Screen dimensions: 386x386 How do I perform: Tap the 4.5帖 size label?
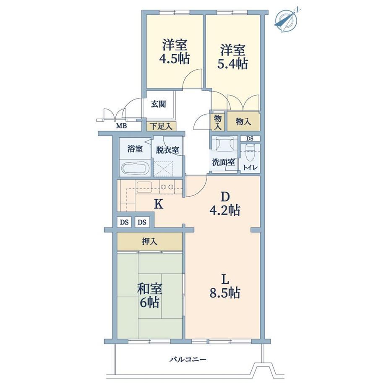tap(174, 59)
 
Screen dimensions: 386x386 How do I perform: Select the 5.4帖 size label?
tap(232, 64)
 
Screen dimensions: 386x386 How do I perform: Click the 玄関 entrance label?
tap(158, 104)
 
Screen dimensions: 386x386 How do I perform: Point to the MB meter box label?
tap(121, 126)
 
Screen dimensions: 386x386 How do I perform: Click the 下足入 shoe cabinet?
tap(161, 126)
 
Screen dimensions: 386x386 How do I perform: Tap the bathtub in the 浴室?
tap(136, 168)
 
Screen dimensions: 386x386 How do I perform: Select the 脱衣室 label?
tap(167, 150)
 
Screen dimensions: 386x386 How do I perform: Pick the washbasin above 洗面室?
tap(224, 143)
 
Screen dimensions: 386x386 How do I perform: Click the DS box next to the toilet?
tap(250, 138)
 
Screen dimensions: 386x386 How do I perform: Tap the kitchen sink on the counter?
tap(144, 186)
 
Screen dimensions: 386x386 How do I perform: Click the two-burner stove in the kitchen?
tap(167, 187)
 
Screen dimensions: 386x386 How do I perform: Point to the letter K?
tap(159, 204)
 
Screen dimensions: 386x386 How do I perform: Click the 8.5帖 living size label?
tap(225, 293)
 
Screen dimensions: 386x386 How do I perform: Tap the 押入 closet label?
tap(149, 242)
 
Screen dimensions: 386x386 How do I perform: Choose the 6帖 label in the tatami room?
tap(149, 303)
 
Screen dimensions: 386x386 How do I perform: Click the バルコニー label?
tap(188, 360)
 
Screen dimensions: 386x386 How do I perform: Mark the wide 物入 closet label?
tap(243, 121)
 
